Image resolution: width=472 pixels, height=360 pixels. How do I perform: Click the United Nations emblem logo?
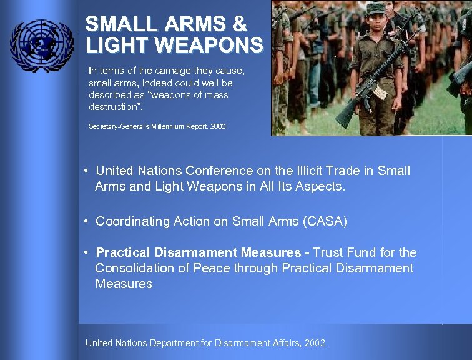[x=41, y=46]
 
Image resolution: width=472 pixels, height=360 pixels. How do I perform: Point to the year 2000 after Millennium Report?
[x=218, y=126]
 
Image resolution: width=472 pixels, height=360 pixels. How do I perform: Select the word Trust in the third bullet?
[x=328, y=252]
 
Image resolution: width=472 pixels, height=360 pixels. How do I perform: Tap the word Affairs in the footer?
[x=280, y=342]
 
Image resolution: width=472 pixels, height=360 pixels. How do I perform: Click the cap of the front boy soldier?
[x=376, y=8]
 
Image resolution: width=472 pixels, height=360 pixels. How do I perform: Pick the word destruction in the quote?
[x=113, y=106]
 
